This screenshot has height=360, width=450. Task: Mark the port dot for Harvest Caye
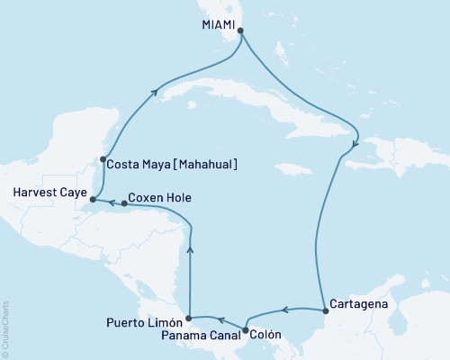[x=93, y=197]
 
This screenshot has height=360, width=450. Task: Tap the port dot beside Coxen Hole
[x=124, y=203]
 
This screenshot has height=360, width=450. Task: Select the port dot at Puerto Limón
[x=187, y=319]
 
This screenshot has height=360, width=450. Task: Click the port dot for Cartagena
[x=325, y=311]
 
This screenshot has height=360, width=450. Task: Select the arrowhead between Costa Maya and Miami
[x=157, y=91]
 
